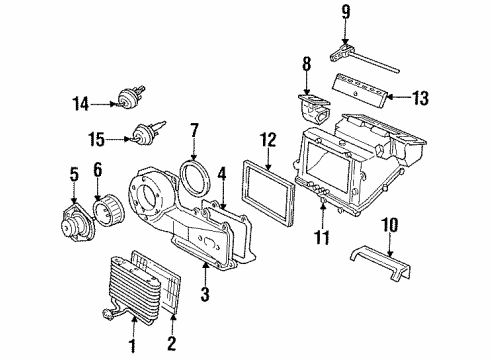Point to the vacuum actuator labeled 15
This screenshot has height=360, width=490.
coord(141,134)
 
